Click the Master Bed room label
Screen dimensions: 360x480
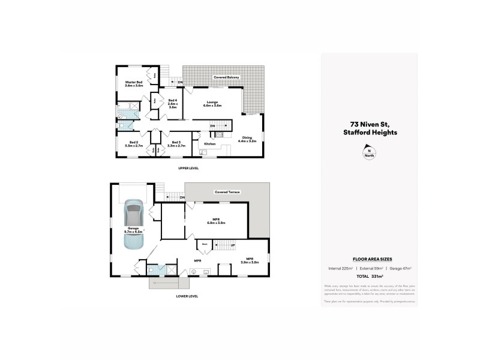tap(133, 84)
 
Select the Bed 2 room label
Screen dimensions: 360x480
tap(133, 144)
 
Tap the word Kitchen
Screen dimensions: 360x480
tap(210, 144)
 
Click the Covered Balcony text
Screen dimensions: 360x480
tap(227, 78)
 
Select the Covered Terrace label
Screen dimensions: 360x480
tap(227, 192)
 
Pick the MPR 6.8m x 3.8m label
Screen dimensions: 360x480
tap(215, 221)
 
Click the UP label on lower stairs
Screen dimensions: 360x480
tap(233, 245)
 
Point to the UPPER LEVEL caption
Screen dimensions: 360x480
tap(188, 168)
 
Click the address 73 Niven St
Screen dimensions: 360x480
tap(369, 125)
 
